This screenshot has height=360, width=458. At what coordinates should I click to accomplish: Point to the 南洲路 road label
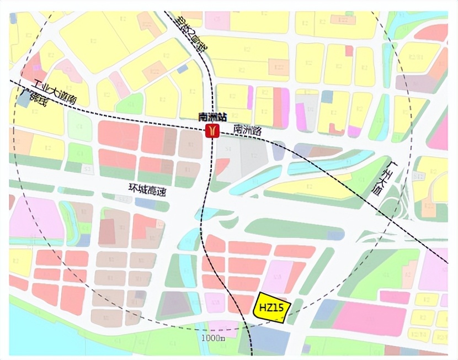pyautogui.click(x=247, y=130)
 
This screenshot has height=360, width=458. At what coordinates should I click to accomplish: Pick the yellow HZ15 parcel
pyautogui.click(x=271, y=307)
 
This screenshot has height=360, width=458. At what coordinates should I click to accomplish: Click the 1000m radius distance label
pyautogui.click(x=212, y=337)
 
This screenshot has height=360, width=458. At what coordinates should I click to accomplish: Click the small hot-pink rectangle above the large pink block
pyautogui.click(x=395, y=297)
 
